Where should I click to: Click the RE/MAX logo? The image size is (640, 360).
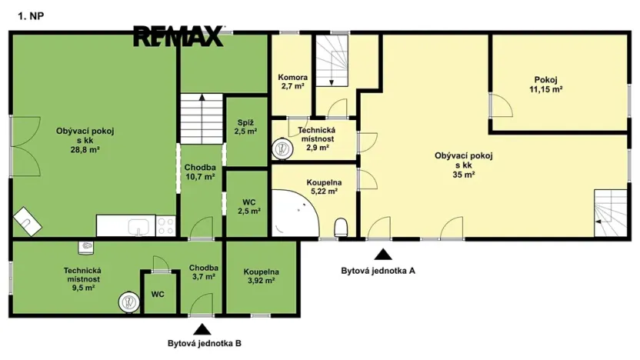tap(178, 36)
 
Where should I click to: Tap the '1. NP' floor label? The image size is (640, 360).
tap(31, 16)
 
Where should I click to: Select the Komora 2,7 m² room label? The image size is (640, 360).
tap(292, 82)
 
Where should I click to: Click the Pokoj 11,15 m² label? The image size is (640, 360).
tap(545, 85)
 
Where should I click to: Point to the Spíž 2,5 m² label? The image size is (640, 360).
tap(245, 127)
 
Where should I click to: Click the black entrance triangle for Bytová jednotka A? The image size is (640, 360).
tap(383, 255)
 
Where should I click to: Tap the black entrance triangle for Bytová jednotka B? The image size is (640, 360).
tap(202, 329)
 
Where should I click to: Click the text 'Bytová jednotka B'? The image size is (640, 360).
tap(205, 343)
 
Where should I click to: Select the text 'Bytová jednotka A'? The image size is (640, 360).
tap(378, 271)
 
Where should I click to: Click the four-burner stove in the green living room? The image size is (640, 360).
tap(165, 226)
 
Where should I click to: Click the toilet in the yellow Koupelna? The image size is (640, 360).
tap(341, 228)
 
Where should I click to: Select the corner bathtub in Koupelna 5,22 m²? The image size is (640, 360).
tap(295, 213)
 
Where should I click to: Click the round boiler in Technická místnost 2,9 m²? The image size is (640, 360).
tap(283, 149)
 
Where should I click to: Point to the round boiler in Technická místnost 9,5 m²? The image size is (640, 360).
tap(129, 302)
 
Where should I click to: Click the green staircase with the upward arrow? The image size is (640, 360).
tap(202, 118)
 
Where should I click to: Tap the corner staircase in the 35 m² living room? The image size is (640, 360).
tap(610, 212)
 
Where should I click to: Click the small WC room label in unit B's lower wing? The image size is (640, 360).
tap(158, 295)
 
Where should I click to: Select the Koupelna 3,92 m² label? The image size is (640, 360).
tap(262, 276)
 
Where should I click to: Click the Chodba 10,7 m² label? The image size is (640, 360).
tap(200, 172)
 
